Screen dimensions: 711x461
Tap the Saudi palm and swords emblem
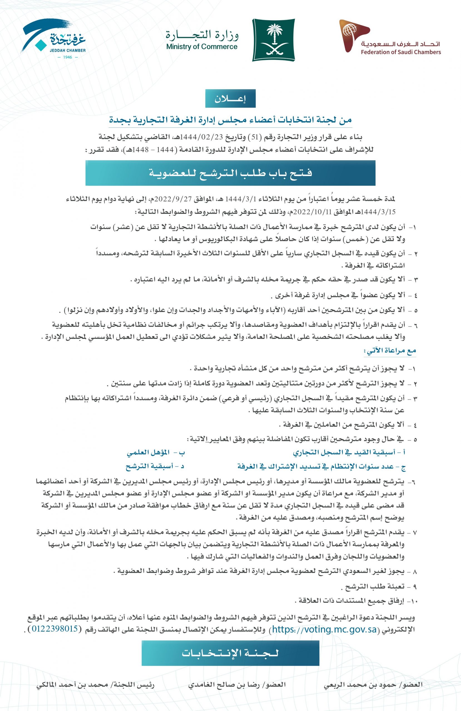pyautogui.click(x=273, y=40)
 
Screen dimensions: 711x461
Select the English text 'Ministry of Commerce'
pyautogui.click(x=202, y=47)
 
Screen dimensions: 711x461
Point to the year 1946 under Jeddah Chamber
pyautogui.click(x=67, y=57)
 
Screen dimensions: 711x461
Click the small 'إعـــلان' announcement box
pyautogui.click(x=230, y=98)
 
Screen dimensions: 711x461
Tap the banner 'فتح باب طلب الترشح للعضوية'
pyautogui.click(x=230, y=173)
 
